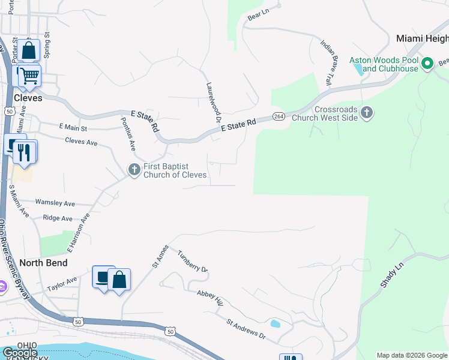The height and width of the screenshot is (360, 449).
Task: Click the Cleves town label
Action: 28,98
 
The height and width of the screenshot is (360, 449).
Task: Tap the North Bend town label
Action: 43,263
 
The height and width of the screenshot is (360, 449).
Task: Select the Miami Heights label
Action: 422,38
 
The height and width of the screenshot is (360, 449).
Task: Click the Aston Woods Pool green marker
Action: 427,63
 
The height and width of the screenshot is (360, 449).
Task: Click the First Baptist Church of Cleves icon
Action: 134,170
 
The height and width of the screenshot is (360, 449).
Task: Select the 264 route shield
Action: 278,116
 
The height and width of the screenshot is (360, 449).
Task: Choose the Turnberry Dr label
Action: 192,262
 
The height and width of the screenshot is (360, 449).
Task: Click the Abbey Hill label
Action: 209,298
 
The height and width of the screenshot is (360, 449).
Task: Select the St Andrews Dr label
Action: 246,329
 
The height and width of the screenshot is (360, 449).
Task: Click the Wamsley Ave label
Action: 55,203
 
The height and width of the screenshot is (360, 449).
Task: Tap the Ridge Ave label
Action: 58,218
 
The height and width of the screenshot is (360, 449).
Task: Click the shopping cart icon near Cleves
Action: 28,76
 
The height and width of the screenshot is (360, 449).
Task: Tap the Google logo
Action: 19,353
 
